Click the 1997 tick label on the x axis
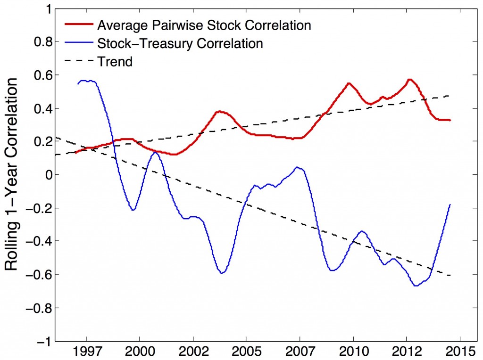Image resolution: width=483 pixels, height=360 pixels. pos(87,352)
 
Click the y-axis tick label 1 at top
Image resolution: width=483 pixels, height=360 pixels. pos(47,9)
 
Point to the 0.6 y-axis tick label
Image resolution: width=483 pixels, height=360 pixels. pos(41,75)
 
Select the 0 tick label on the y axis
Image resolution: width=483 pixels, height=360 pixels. pos(47,175)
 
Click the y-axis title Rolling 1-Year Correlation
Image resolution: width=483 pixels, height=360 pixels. pos(13,174)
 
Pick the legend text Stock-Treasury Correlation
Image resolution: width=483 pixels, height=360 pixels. pos(179,43)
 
